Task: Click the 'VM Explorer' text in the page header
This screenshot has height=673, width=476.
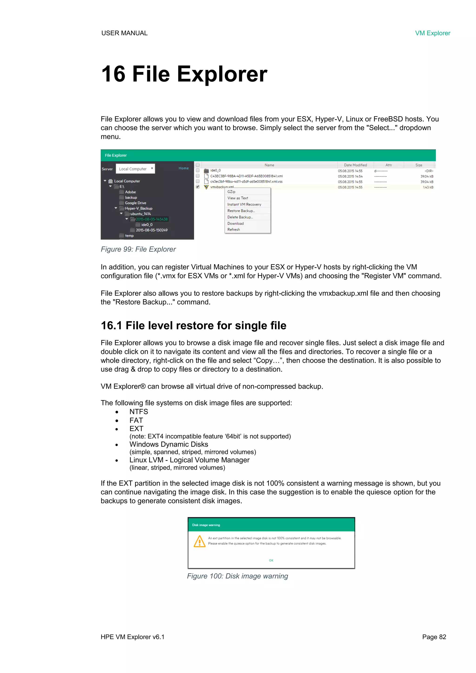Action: click(x=432, y=33)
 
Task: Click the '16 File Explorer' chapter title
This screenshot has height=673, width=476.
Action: click(x=184, y=74)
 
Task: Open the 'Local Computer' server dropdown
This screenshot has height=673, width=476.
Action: click(x=136, y=169)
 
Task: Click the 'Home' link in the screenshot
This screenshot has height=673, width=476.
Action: click(x=183, y=168)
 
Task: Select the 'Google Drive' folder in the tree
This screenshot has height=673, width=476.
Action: click(x=136, y=203)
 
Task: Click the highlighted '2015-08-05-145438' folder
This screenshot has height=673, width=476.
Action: click(x=151, y=219)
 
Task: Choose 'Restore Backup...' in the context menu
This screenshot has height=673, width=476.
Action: click(x=241, y=211)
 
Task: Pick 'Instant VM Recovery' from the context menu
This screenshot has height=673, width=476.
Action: click(x=244, y=204)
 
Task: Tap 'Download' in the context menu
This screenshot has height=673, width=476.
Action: click(x=235, y=223)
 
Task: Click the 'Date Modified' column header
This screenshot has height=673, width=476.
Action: click(x=355, y=165)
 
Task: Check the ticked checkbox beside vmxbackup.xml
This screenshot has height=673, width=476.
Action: click(x=198, y=187)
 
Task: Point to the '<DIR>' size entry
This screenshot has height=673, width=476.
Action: click(x=429, y=171)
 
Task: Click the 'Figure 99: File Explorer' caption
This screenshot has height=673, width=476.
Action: click(x=138, y=249)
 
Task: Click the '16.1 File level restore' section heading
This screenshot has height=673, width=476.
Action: click(x=193, y=325)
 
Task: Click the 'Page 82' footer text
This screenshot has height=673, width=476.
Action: click(x=434, y=637)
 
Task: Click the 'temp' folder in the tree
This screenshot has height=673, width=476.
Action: click(x=129, y=236)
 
